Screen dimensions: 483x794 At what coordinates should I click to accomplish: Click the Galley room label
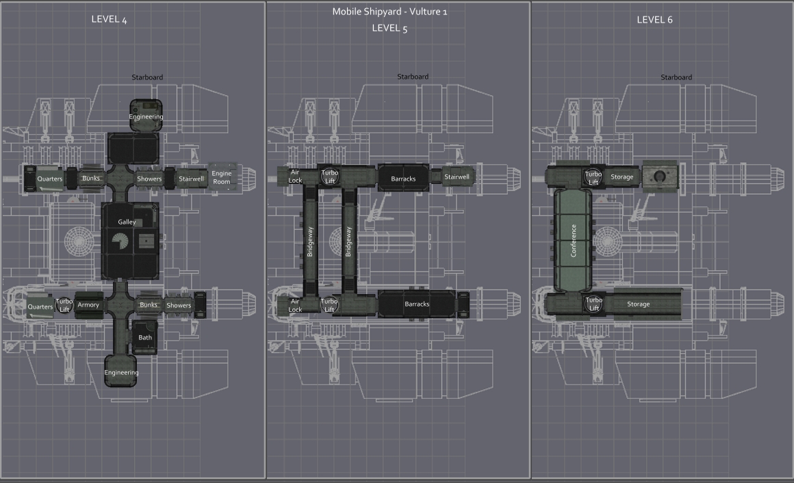pyautogui.click(x=127, y=222)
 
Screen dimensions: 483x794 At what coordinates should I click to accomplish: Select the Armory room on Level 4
pyautogui.click(x=88, y=304)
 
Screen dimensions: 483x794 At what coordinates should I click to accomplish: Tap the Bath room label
pyautogui.click(x=145, y=337)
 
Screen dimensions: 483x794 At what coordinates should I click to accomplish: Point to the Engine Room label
pyautogui.click(x=222, y=178)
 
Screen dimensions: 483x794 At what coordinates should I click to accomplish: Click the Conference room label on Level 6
pyautogui.click(x=574, y=240)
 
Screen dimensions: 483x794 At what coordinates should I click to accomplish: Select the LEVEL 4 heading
pyautogui.click(x=109, y=20)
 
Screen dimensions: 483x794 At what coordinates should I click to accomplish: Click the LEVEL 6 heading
pyautogui.click(x=654, y=20)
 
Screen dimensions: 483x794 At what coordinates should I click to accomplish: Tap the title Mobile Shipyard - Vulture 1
pyautogui.click(x=389, y=12)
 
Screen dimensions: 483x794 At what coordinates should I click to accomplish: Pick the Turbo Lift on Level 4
pyautogui.click(x=64, y=305)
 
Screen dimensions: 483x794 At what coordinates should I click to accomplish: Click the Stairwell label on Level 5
pyautogui.click(x=457, y=177)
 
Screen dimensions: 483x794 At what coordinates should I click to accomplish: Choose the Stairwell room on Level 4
pyautogui.click(x=192, y=179)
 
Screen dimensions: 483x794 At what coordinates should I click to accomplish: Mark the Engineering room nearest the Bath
pyautogui.click(x=121, y=372)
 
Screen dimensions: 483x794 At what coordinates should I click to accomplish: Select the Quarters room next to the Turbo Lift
pyautogui.click(x=40, y=306)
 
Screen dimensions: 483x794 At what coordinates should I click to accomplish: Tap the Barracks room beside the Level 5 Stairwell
pyautogui.click(x=403, y=179)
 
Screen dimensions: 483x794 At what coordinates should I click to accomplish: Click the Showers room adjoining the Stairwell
pyautogui.click(x=149, y=179)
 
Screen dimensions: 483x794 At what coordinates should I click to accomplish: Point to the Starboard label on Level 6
pyautogui.click(x=676, y=77)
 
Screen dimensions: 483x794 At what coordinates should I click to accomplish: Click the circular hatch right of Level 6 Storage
pyautogui.click(x=659, y=176)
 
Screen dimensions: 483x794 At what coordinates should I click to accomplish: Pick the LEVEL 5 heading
pyautogui.click(x=389, y=28)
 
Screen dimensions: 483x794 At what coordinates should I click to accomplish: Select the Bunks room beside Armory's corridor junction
pyautogui.click(x=149, y=304)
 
